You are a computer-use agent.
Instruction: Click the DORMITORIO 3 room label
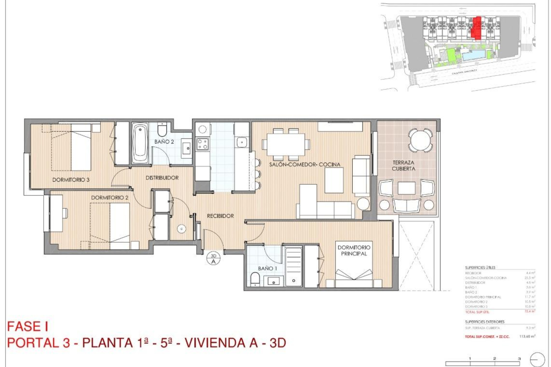coord(71,180)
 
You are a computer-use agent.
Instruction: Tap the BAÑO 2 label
coord(164,142)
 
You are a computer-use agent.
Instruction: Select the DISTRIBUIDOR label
coord(162,178)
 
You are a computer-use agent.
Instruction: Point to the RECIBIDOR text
coord(220,216)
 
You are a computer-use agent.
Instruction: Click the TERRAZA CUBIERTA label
coord(403,166)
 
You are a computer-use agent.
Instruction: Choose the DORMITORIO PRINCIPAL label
coord(354,250)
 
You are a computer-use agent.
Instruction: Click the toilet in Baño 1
coord(255,279)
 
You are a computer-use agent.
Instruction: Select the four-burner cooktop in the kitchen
coord(202,144)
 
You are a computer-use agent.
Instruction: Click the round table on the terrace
coord(420,140)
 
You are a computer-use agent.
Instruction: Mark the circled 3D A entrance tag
coord(213,259)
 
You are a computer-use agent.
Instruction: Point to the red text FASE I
coord(28,327)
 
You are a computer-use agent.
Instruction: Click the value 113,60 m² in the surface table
coord(527,336)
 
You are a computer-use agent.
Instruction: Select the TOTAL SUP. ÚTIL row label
coord(477,312)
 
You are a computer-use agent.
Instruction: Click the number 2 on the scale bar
coord(494,358)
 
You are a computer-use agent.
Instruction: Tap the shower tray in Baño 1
coord(293,267)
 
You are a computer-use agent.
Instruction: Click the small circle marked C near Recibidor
coord(181,229)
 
